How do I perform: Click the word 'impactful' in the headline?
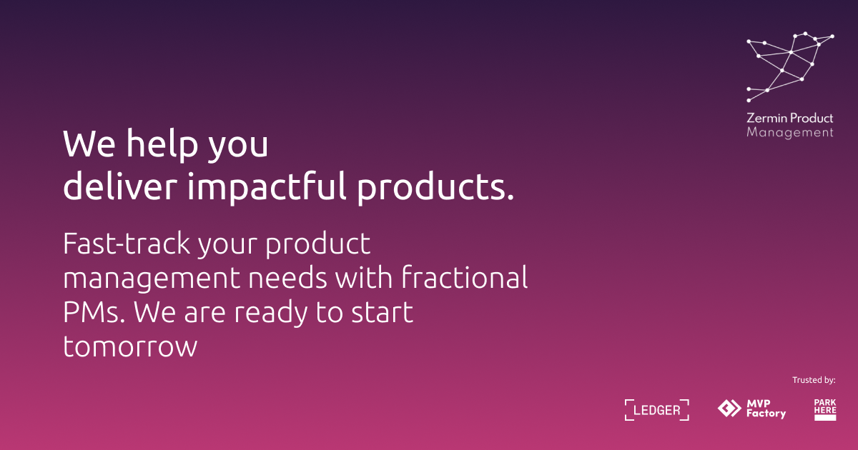pyautogui.click(x=267, y=186)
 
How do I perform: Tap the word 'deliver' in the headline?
pyautogui.click(x=120, y=186)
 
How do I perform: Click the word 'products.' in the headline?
pyautogui.click(x=435, y=186)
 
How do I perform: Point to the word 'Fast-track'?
pyautogui.click(x=127, y=244)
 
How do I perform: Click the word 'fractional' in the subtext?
pyautogui.click(x=465, y=277)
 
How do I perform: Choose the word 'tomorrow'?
pyautogui.click(x=130, y=346)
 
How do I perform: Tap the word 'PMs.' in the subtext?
pyautogui.click(x=94, y=312)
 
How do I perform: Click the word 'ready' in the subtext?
pyautogui.click(x=271, y=314)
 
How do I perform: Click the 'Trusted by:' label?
pyautogui.click(x=814, y=380)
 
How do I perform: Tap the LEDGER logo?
pyautogui.click(x=657, y=410)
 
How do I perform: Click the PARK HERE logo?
pyautogui.click(x=825, y=410)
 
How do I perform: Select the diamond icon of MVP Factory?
pyautogui.click(x=729, y=408)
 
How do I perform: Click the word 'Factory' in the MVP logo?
pyautogui.click(x=766, y=414)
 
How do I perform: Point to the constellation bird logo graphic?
pyautogui.click(x=790, y=67)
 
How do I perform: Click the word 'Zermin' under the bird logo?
pyautogui.click(x=766, y=118)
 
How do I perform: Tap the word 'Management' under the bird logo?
pyautogui.click(x=790, y=133)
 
